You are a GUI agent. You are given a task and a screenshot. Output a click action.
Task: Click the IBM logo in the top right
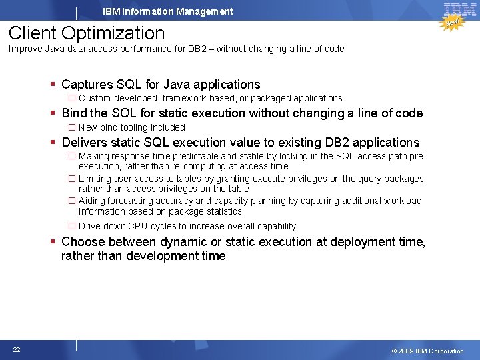459,9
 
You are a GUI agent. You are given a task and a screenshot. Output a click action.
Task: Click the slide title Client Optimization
87,33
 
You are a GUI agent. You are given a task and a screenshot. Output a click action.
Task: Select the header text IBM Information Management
168,11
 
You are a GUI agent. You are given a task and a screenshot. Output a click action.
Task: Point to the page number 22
16,350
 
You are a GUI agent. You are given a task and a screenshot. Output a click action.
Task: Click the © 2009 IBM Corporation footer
427,351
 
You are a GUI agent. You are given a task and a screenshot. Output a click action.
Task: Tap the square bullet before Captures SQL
53,85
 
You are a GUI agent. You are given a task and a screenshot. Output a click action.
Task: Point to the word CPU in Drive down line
139,226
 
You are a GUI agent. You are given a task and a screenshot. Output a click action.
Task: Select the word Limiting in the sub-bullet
95,179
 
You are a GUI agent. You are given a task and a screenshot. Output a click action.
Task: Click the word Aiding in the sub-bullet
91,201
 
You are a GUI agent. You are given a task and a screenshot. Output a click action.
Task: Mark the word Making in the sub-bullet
94,156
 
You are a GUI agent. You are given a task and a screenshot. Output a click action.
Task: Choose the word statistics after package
221,211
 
